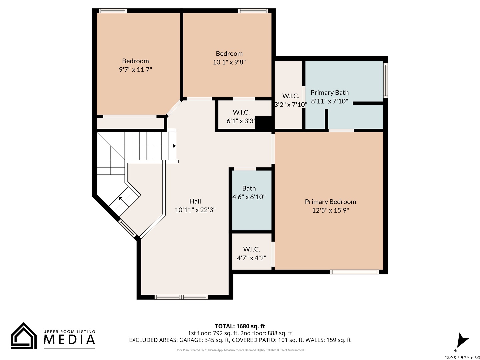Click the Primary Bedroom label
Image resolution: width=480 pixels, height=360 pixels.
point(330,202)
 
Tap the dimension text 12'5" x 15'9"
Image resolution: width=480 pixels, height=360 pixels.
point(330,210)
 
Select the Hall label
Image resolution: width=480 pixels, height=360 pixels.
point(195,201)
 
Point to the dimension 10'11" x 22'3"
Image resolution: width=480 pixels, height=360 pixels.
point(195,210)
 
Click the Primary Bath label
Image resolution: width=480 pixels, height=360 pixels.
point(330,92)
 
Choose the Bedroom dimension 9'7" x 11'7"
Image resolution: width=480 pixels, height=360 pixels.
point(135,70)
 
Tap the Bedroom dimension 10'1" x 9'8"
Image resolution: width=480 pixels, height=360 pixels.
point(229,62)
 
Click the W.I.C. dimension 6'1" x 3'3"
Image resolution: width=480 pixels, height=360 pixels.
point(241,121)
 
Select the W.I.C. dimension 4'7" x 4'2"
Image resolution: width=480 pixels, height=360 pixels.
point(251,258)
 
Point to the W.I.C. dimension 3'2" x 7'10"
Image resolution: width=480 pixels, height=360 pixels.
point(291,104)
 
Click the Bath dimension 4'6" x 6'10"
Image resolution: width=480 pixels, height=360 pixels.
point(249,197)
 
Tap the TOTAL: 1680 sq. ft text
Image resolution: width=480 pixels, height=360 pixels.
point(240,326)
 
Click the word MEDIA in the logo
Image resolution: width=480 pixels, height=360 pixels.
point(69,339)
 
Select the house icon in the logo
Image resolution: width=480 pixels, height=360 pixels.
point(24,336)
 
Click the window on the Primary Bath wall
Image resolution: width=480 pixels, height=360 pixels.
point(386,80)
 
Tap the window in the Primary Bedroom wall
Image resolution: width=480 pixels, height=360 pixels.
point(354,272)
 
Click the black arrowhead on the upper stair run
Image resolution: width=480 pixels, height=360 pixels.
point(174,146)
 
